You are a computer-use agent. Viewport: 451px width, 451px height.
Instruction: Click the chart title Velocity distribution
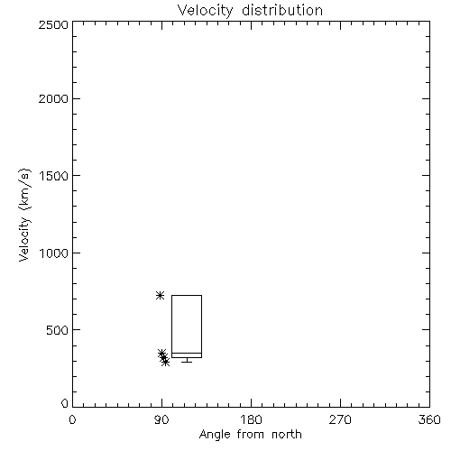pos(250,11)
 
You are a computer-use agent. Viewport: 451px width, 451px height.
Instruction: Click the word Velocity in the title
pos(205,11)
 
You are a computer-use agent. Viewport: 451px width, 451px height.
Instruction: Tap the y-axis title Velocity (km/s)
pos(24,215)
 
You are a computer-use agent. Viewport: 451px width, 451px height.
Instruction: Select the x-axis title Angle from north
pos(250,435)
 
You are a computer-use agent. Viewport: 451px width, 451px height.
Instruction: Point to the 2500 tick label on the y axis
pos(53,24)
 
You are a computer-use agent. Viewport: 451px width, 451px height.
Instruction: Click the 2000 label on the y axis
pos(53,98)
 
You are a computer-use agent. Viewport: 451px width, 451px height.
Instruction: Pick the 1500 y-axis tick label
pos(54,176)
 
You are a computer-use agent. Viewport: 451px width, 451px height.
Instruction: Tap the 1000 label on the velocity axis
pos(54,253)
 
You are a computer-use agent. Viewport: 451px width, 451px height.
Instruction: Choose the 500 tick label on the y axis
pos(58,330)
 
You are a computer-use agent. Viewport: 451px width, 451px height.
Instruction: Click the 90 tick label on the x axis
pos(161,419)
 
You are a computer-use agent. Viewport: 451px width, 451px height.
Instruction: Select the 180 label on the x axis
pos(251,419)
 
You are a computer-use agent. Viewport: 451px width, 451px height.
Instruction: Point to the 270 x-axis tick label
pos(340,419)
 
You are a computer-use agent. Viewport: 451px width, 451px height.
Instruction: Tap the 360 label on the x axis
pos(429,419)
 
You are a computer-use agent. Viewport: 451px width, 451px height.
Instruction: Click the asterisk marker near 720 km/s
pos(160,295)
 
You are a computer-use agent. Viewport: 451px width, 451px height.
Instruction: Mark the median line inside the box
pos(187,353)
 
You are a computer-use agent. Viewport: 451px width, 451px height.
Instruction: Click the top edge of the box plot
pos(187,296)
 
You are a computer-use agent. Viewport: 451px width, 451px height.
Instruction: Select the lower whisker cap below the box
pos(187,362)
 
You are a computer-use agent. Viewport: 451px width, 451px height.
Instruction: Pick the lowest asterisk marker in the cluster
pos(165,362)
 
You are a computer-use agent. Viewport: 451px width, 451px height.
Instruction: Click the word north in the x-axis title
pos(287,434)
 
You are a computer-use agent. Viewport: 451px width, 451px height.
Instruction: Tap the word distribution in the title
pos(282,10)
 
